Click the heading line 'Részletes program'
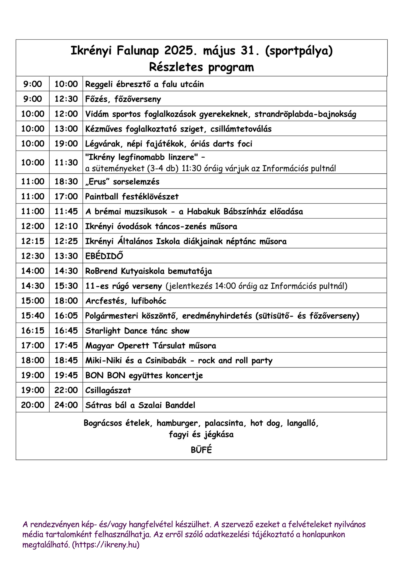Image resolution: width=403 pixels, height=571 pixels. (201, 67)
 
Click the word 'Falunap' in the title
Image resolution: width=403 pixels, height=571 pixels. (138, 51)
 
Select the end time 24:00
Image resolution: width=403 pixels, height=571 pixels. (66, 405)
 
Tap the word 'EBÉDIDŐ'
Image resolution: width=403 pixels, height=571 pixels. (104, 256)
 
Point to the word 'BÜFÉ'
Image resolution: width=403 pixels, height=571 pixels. (201, 450)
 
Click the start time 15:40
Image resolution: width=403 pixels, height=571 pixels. (33, 315)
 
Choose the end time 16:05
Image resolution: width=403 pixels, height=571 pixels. (66, 315)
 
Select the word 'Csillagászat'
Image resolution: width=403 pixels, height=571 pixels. (108, 390)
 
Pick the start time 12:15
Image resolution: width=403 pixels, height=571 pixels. (33, 241)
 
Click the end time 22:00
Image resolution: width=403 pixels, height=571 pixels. (66, 390)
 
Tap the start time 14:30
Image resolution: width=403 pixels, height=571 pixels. (33, 286)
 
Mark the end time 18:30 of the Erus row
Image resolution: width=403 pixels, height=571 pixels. (66, 181)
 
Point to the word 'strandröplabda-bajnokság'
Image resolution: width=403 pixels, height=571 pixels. (305, 114)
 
